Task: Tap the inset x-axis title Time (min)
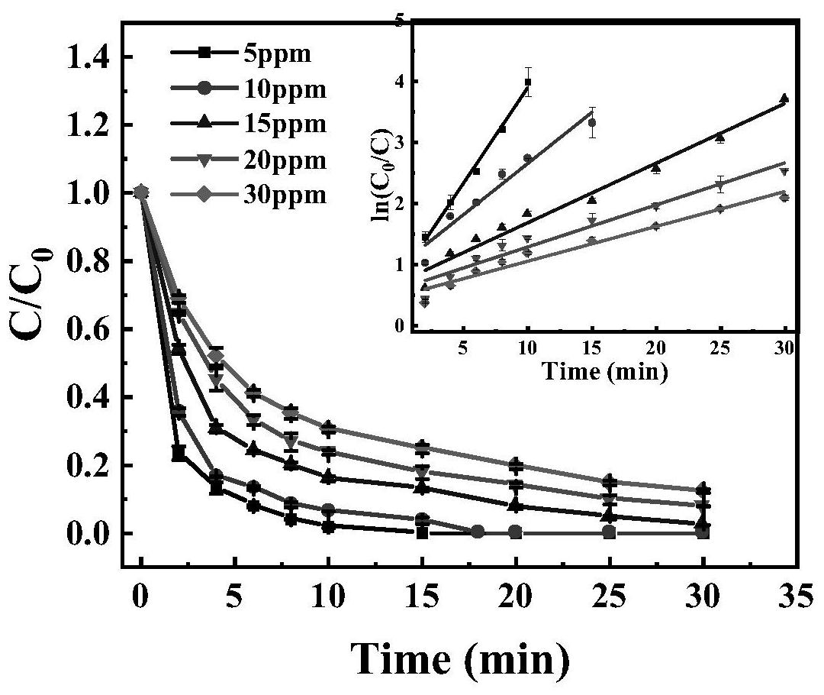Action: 605,372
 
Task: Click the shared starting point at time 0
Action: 140,192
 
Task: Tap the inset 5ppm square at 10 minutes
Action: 528,82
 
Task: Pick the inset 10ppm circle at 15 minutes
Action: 592,122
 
